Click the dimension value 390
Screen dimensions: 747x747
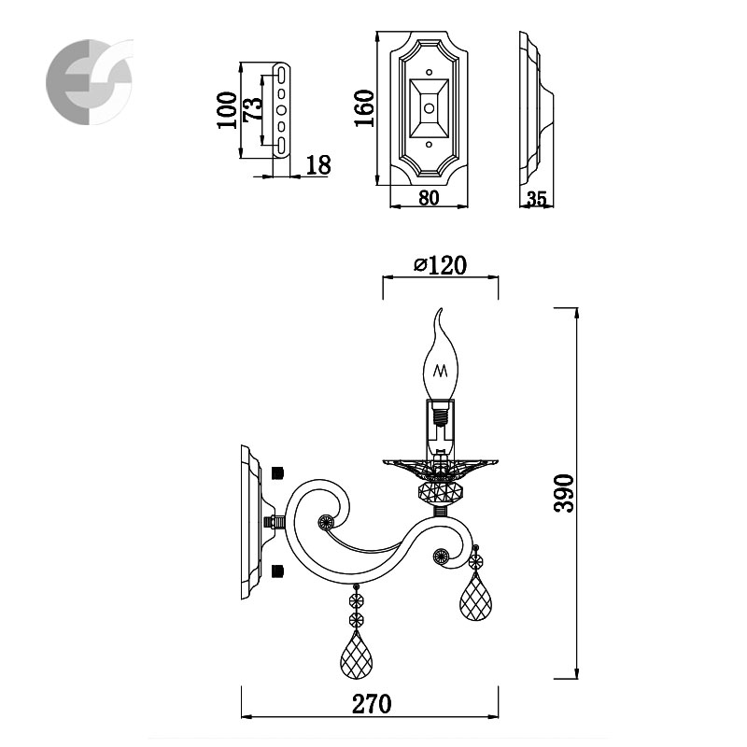[x=565, y=493]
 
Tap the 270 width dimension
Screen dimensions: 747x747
[x=372, y=704]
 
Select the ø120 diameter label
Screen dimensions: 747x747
[x=440, y=265]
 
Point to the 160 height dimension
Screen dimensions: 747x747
[x=365, y=108]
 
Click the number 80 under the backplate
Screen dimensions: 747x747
[x=429, y=198]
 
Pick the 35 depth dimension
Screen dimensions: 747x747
[x=537, y=199]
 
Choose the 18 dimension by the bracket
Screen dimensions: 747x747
[x=318, y=165]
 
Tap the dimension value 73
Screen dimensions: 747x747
[x=253, y=109]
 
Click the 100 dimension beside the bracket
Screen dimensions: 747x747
[x=227, y=110]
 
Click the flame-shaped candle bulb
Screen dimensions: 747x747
[x=440, y=355]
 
